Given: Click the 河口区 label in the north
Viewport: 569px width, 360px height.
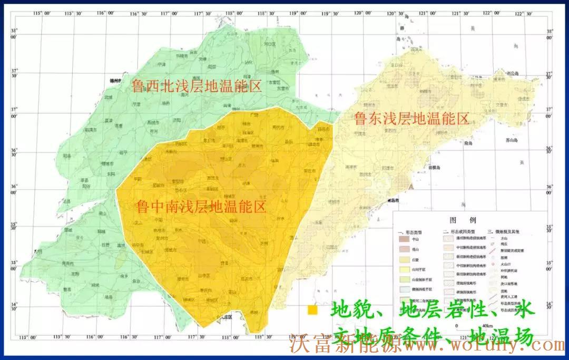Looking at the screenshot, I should pyautogui.click(x=269, y=45).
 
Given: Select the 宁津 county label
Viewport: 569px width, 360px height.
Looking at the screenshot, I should pyautogui.click(x=161, y=64).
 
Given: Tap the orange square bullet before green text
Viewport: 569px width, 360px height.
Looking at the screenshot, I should pyautogui.click(x=313, y=310).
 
